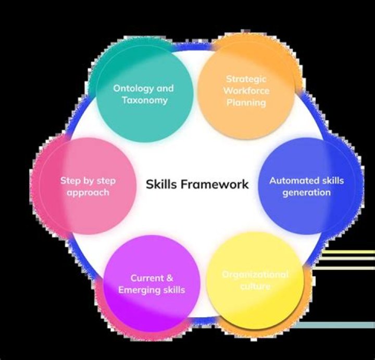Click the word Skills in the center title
click(x=161, y=184)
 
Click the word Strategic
click(x=246, y=79)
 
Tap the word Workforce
click(x=246, y=91)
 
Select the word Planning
click(x=246, y=103)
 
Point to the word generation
click(x=306, y=193)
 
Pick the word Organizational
click(x=255, y=274)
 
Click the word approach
click(x=88, y=192)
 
